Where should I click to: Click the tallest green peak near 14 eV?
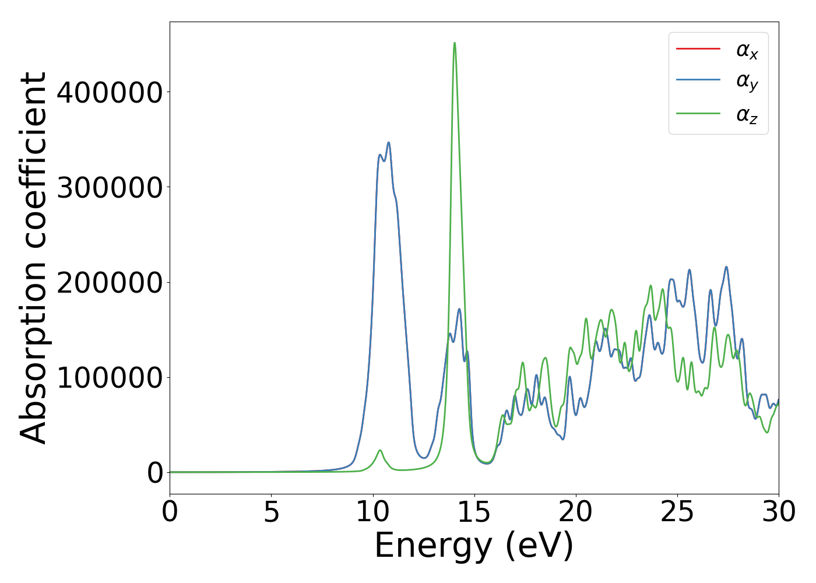pyautogui.click(x=455, y=43)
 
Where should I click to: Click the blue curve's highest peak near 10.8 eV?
pyautogui.click(x=388, y=143)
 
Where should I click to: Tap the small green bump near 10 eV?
pyautogui.click(x=380, y=450)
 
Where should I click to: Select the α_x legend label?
pyautogui.click(x=747, y=51)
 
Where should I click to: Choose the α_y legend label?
pyautogui.click(x=747, y=82)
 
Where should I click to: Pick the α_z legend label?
pyautogui.click(x=747, y=114)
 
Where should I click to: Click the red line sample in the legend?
pyautogui.click(x=698, y=48)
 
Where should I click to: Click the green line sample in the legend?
pyautogui.click(x=698, y=113)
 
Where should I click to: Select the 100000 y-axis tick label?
pyautogui.click(x=109, y=377)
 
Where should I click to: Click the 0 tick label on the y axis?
pyautogui.click(x=155, y=473)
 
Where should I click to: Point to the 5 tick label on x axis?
pyautogui.click(x=272, y=512)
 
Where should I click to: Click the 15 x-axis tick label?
pyautogui.click(x=474, y=512)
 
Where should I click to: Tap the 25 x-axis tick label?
pyautogui.click(x=677, y=512)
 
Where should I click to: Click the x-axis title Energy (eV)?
pyautogui.click(x=474, y=546)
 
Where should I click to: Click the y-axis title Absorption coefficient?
pyautogui.click(x=34, y=258)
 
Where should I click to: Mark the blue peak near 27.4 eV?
pyautogui.click(x=726, y=267)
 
